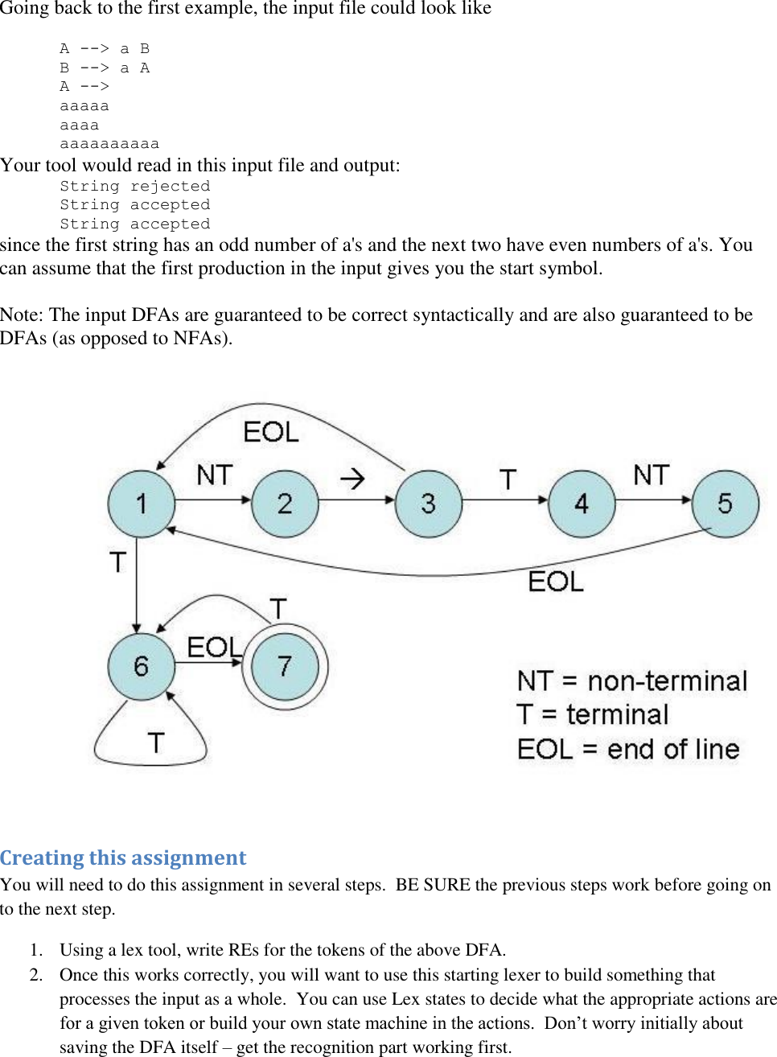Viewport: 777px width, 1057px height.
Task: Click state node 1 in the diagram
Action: click(x=142, y=504)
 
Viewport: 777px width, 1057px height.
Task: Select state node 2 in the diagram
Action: click(x=285, y=504)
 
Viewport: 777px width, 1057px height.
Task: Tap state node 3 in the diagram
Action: click(x=428, y=504)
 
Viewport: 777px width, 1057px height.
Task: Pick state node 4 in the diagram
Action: click(x=581, y=504)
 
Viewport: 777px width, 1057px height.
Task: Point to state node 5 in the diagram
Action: click(x=725, y=504)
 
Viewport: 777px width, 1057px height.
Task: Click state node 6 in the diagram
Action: click(x=142, y=666)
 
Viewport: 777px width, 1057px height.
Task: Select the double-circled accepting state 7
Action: click(x=285, y=666)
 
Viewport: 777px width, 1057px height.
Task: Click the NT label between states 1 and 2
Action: click(x=215, y=475)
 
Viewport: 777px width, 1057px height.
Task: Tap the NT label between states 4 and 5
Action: click(x=651, y=475)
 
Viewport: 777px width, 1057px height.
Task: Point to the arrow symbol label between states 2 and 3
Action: click(x=352, y=479)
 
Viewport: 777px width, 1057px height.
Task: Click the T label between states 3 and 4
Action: click(x=508, y=479)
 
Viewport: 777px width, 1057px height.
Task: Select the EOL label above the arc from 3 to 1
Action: click(x=271, y=432)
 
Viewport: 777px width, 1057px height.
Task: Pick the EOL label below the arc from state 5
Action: click(x=556, y=581)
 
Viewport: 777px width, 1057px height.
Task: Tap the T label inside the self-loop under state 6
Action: click(x=156, y=742)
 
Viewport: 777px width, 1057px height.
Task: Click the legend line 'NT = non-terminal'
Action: click(x=632, y=681)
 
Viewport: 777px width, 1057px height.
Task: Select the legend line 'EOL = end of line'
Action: click(x=628, y=749)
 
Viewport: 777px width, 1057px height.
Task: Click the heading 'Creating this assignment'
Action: click(x=123, y=858)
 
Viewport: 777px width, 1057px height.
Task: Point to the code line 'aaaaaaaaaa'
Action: click(x=109, y=144)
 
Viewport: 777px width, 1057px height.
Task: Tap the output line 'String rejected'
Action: click(x=134, y=186)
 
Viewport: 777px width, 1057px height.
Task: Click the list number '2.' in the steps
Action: click(x=36, y=974)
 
